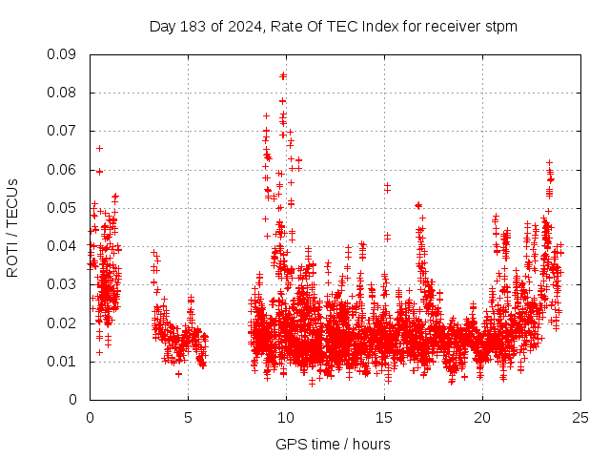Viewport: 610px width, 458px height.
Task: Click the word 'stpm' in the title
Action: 501,27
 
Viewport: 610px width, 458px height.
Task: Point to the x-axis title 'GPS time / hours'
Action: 333,444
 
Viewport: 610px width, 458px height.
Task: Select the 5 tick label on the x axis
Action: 188,417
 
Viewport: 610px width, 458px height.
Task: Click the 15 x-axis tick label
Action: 384,417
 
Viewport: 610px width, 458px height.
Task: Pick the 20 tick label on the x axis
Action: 482,417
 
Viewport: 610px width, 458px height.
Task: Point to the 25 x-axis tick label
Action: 580,417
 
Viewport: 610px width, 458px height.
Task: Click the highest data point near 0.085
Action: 283,74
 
